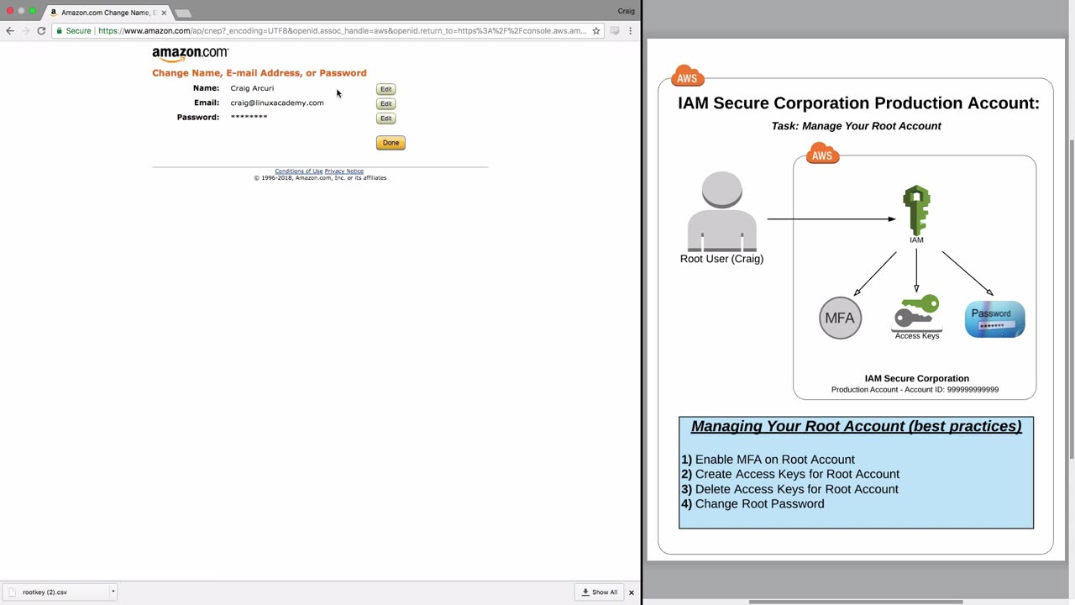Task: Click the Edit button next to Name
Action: pos(385,89)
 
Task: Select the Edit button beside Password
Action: pos(385,118)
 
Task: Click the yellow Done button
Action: pos(391,143)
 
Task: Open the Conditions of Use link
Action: pos(298,171)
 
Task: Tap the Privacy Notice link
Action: pos(344,171)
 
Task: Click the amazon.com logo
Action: pos(191,54)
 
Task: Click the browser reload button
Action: pos(41,31)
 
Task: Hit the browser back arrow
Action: pos(10,31)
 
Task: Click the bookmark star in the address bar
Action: pos(596,31)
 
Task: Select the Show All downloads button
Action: pos(600,592)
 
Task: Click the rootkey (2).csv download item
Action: pos(60,592)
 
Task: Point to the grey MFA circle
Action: pos(840,318)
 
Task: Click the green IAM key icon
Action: pos(916,209)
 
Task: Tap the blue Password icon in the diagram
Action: pos(995,318)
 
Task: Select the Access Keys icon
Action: pos(916,312)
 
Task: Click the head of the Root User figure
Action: pos(721,189)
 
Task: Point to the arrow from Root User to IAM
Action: pos(831,219)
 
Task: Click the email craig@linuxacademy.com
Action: pos(277,103)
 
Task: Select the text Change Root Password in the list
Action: pos(759,503)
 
